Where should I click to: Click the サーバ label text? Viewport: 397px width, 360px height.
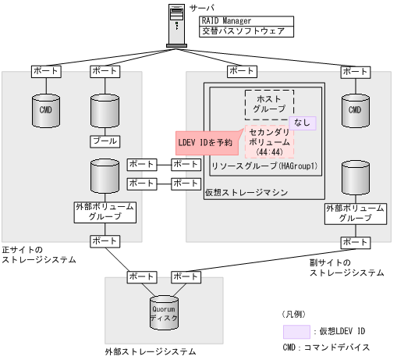click(201, 7)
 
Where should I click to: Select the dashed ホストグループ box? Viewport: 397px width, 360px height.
click(269, 104)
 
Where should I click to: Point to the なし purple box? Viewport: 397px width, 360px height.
click(302, 123)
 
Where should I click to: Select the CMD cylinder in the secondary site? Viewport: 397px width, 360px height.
click(355, 110)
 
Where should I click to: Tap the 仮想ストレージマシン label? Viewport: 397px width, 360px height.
click(247, 191)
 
